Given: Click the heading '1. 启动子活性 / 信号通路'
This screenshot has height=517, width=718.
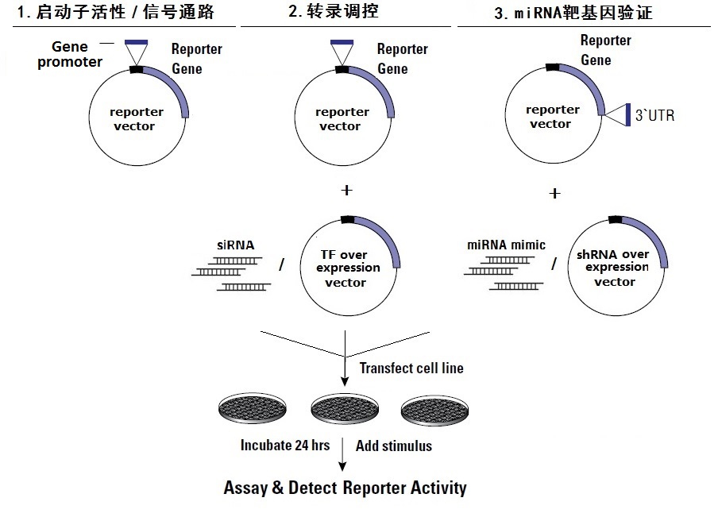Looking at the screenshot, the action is click(x=115, y=12).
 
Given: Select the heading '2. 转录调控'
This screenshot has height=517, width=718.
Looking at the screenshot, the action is click(x=334, y=11).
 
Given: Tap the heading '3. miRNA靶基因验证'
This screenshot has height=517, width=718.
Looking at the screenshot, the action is click(x=573, y=13).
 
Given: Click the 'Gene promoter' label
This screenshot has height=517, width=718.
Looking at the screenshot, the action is click(x=70, y=55).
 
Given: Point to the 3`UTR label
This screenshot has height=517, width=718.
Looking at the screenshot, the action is click(x=654, y=115).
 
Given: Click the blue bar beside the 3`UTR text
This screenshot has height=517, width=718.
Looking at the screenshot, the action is click(x=628, y=115).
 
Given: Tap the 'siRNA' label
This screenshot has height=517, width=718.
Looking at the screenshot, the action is click(x=235, y=245).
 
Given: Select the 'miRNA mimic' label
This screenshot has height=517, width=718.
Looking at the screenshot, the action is click(x=506, y=245).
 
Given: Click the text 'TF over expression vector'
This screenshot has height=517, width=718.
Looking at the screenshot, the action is click(x=348, y=268).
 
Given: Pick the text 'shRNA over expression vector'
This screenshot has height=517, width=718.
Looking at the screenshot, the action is click(x=613, y=268).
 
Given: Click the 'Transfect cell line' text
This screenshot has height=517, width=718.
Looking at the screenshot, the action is click(x=411, y=368).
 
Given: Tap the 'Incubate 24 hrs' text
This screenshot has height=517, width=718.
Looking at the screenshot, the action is click(x=285, y=445).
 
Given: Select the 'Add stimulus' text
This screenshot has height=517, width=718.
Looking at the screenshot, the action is click(x=394, y=446).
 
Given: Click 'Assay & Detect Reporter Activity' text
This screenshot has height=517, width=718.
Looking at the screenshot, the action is click(x=345, y=488).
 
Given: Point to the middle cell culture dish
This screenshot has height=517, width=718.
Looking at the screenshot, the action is click(x=345, y=408).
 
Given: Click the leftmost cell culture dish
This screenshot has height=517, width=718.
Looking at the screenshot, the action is click(x=253, y=407).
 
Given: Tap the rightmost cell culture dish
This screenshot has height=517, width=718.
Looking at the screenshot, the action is click(x=434, y=410).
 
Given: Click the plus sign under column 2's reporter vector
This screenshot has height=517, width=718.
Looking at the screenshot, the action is click(x=346, y=190).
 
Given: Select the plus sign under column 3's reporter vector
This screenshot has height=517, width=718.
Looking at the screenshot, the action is click(x=554, y=193).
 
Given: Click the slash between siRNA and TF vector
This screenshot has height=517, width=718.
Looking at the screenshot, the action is click(x=282, y=264).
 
